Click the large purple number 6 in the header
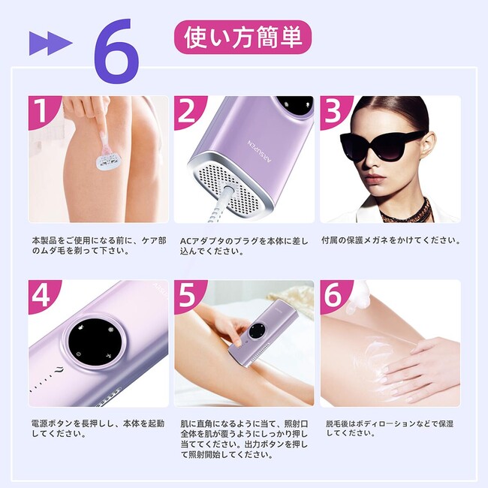(116, 51)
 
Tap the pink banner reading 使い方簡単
(242, 38)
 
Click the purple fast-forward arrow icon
(51, 44)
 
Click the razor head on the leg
(107, 162)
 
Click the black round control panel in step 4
(95, 341)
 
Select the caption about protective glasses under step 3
(391, 240)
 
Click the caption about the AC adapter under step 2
(244, 246)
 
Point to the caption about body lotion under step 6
(390, 428)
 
